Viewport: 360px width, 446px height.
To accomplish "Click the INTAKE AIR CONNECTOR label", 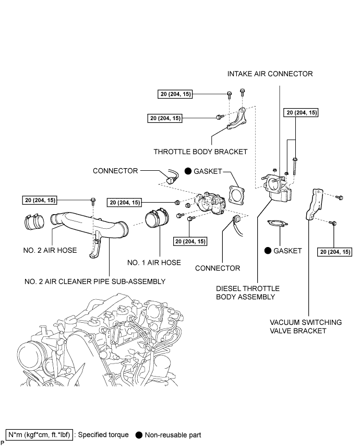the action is [270, 74].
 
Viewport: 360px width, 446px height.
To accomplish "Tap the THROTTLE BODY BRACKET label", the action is [200, 152].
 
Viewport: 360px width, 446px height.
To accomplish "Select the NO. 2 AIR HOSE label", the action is [50, 250].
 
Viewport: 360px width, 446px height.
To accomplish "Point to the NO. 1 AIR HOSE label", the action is [154, 263].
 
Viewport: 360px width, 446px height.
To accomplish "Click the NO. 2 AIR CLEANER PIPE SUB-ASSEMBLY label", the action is [95, 281].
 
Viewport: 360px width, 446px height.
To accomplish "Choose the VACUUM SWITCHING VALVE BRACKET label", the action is [306, 326].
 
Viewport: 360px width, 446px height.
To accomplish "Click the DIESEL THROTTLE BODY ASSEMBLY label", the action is [248, 292].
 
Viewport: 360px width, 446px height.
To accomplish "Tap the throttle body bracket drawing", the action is [237, 120].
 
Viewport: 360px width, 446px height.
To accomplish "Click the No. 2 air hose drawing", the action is [34, 222].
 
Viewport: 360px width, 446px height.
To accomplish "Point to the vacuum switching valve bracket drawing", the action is [314, 204].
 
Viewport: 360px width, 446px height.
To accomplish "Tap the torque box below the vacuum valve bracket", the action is [335, 252].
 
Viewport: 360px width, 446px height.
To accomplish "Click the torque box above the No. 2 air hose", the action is [40, 200].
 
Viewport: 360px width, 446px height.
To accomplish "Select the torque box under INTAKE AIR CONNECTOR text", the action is [301, 113].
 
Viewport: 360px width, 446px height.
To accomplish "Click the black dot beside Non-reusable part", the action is [139, 435].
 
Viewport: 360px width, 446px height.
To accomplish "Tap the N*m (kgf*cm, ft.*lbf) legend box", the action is [39, 435].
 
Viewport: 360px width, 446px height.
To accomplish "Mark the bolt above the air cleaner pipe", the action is [93, 201].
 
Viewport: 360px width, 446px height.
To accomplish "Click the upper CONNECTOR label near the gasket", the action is [115, 171].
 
